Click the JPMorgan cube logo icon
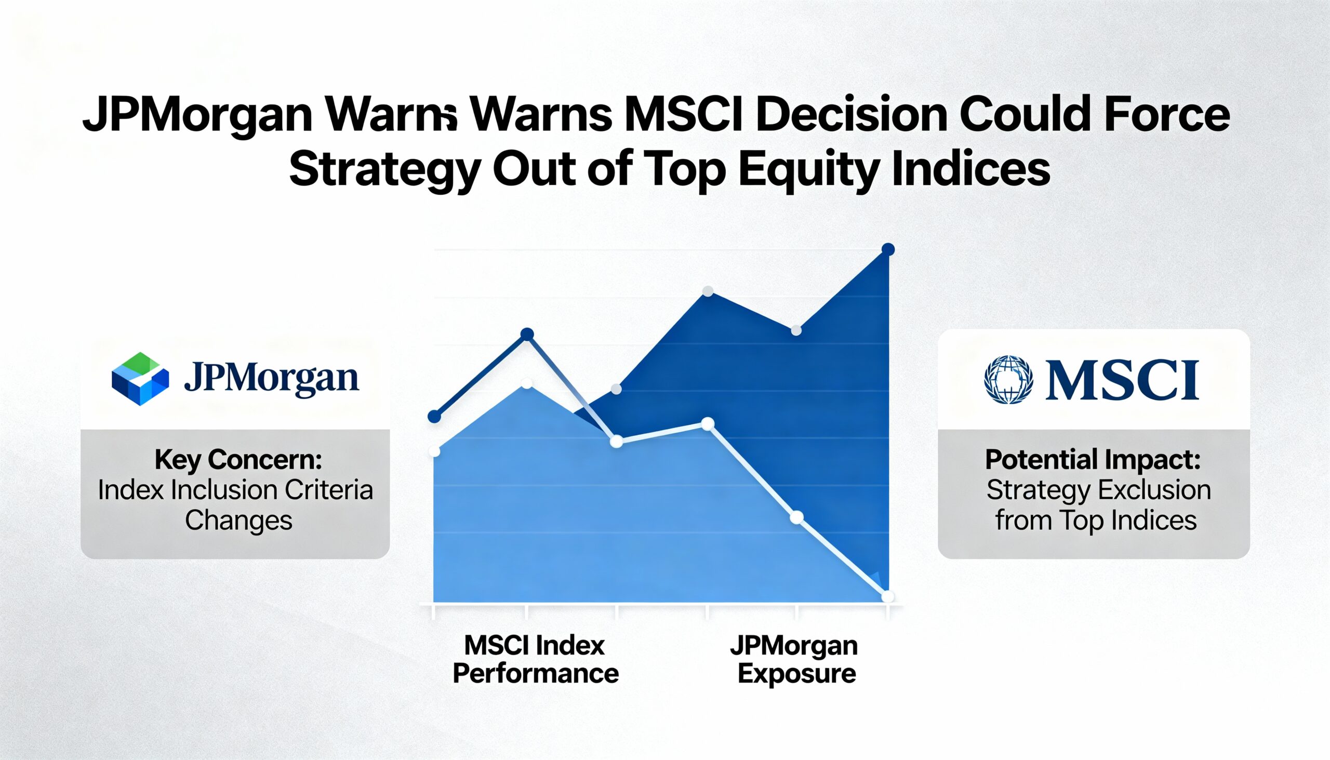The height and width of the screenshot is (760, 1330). point(140,379)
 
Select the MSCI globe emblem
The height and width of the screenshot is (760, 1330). point(1008,379)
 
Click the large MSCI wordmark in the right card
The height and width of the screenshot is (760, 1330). point(1122,380)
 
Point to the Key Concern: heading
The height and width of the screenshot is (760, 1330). point(238,460)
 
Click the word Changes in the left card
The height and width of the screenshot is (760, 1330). point(238,521)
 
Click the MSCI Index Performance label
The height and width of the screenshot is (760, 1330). point(536,659)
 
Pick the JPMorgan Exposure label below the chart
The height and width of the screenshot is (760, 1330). point(794,659)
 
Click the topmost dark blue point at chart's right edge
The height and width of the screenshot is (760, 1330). point(888,249)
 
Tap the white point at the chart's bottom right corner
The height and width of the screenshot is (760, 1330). point(887,596)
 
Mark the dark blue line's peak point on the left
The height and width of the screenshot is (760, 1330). point(527,334)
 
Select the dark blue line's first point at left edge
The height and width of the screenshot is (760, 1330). point(434,417)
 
